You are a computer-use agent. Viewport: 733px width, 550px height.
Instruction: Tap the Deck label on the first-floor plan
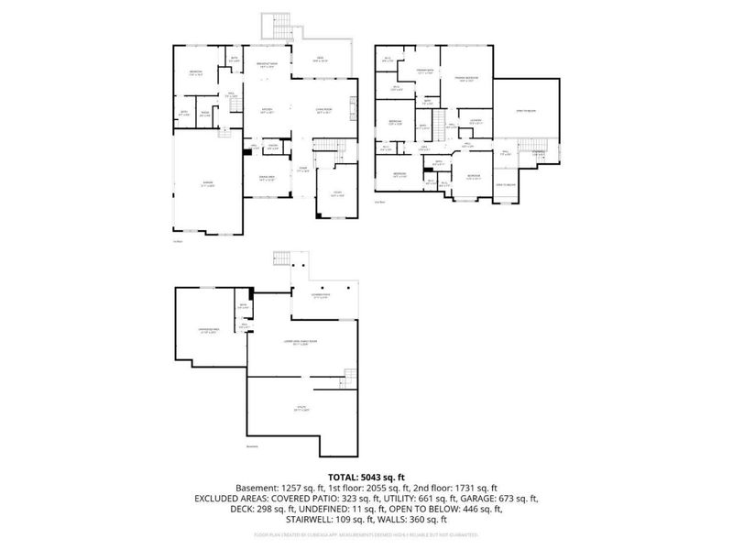coord(320,60)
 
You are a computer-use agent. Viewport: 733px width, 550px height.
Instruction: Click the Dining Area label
coord(266,179)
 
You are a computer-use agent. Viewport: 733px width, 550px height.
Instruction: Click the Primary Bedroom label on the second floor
coord(466,80)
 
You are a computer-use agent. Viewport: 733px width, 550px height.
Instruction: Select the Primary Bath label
coord(424,71)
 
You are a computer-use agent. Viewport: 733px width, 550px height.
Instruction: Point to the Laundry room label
coord(476,122)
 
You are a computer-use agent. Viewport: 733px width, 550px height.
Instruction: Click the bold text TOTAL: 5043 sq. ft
coord(366,476)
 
